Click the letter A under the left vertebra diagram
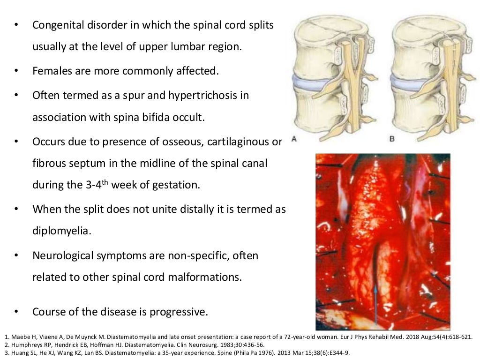[x=294, y=139]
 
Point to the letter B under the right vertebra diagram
[x=392, y=139]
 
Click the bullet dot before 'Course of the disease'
[x=17, y=312]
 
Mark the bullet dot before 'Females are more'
[x=17, y=71]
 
